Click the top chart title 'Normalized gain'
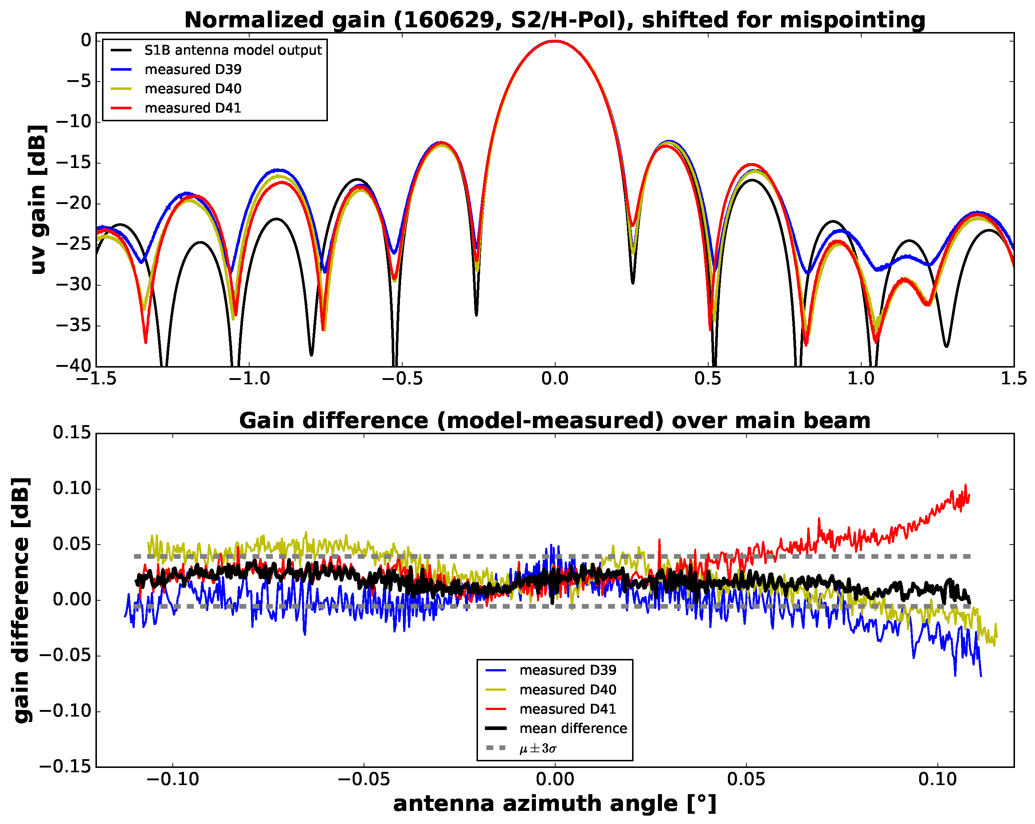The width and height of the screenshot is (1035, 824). (554, 20)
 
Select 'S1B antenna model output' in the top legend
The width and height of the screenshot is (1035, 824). (233, 50)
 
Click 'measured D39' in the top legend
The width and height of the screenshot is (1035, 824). (193, 69)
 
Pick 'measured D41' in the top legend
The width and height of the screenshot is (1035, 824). (193, 108)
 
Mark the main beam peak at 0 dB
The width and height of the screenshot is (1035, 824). (555, 41)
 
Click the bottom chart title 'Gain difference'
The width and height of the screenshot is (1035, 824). (554, 420)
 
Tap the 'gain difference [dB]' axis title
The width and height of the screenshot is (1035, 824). (21, 600)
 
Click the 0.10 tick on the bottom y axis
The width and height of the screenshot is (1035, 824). (72, 488)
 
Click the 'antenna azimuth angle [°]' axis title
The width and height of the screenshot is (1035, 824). (554, 804)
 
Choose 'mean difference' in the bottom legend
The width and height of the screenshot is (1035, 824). (573, 729)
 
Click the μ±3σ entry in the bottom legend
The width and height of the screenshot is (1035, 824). (538, 748)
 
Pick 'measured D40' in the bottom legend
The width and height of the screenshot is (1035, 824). (568, 690)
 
